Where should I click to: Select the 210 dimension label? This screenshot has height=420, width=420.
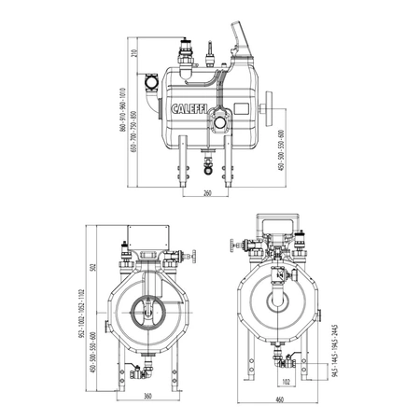[x=133, y=52]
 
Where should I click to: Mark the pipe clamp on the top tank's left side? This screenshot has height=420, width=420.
[x=153, y=88]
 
